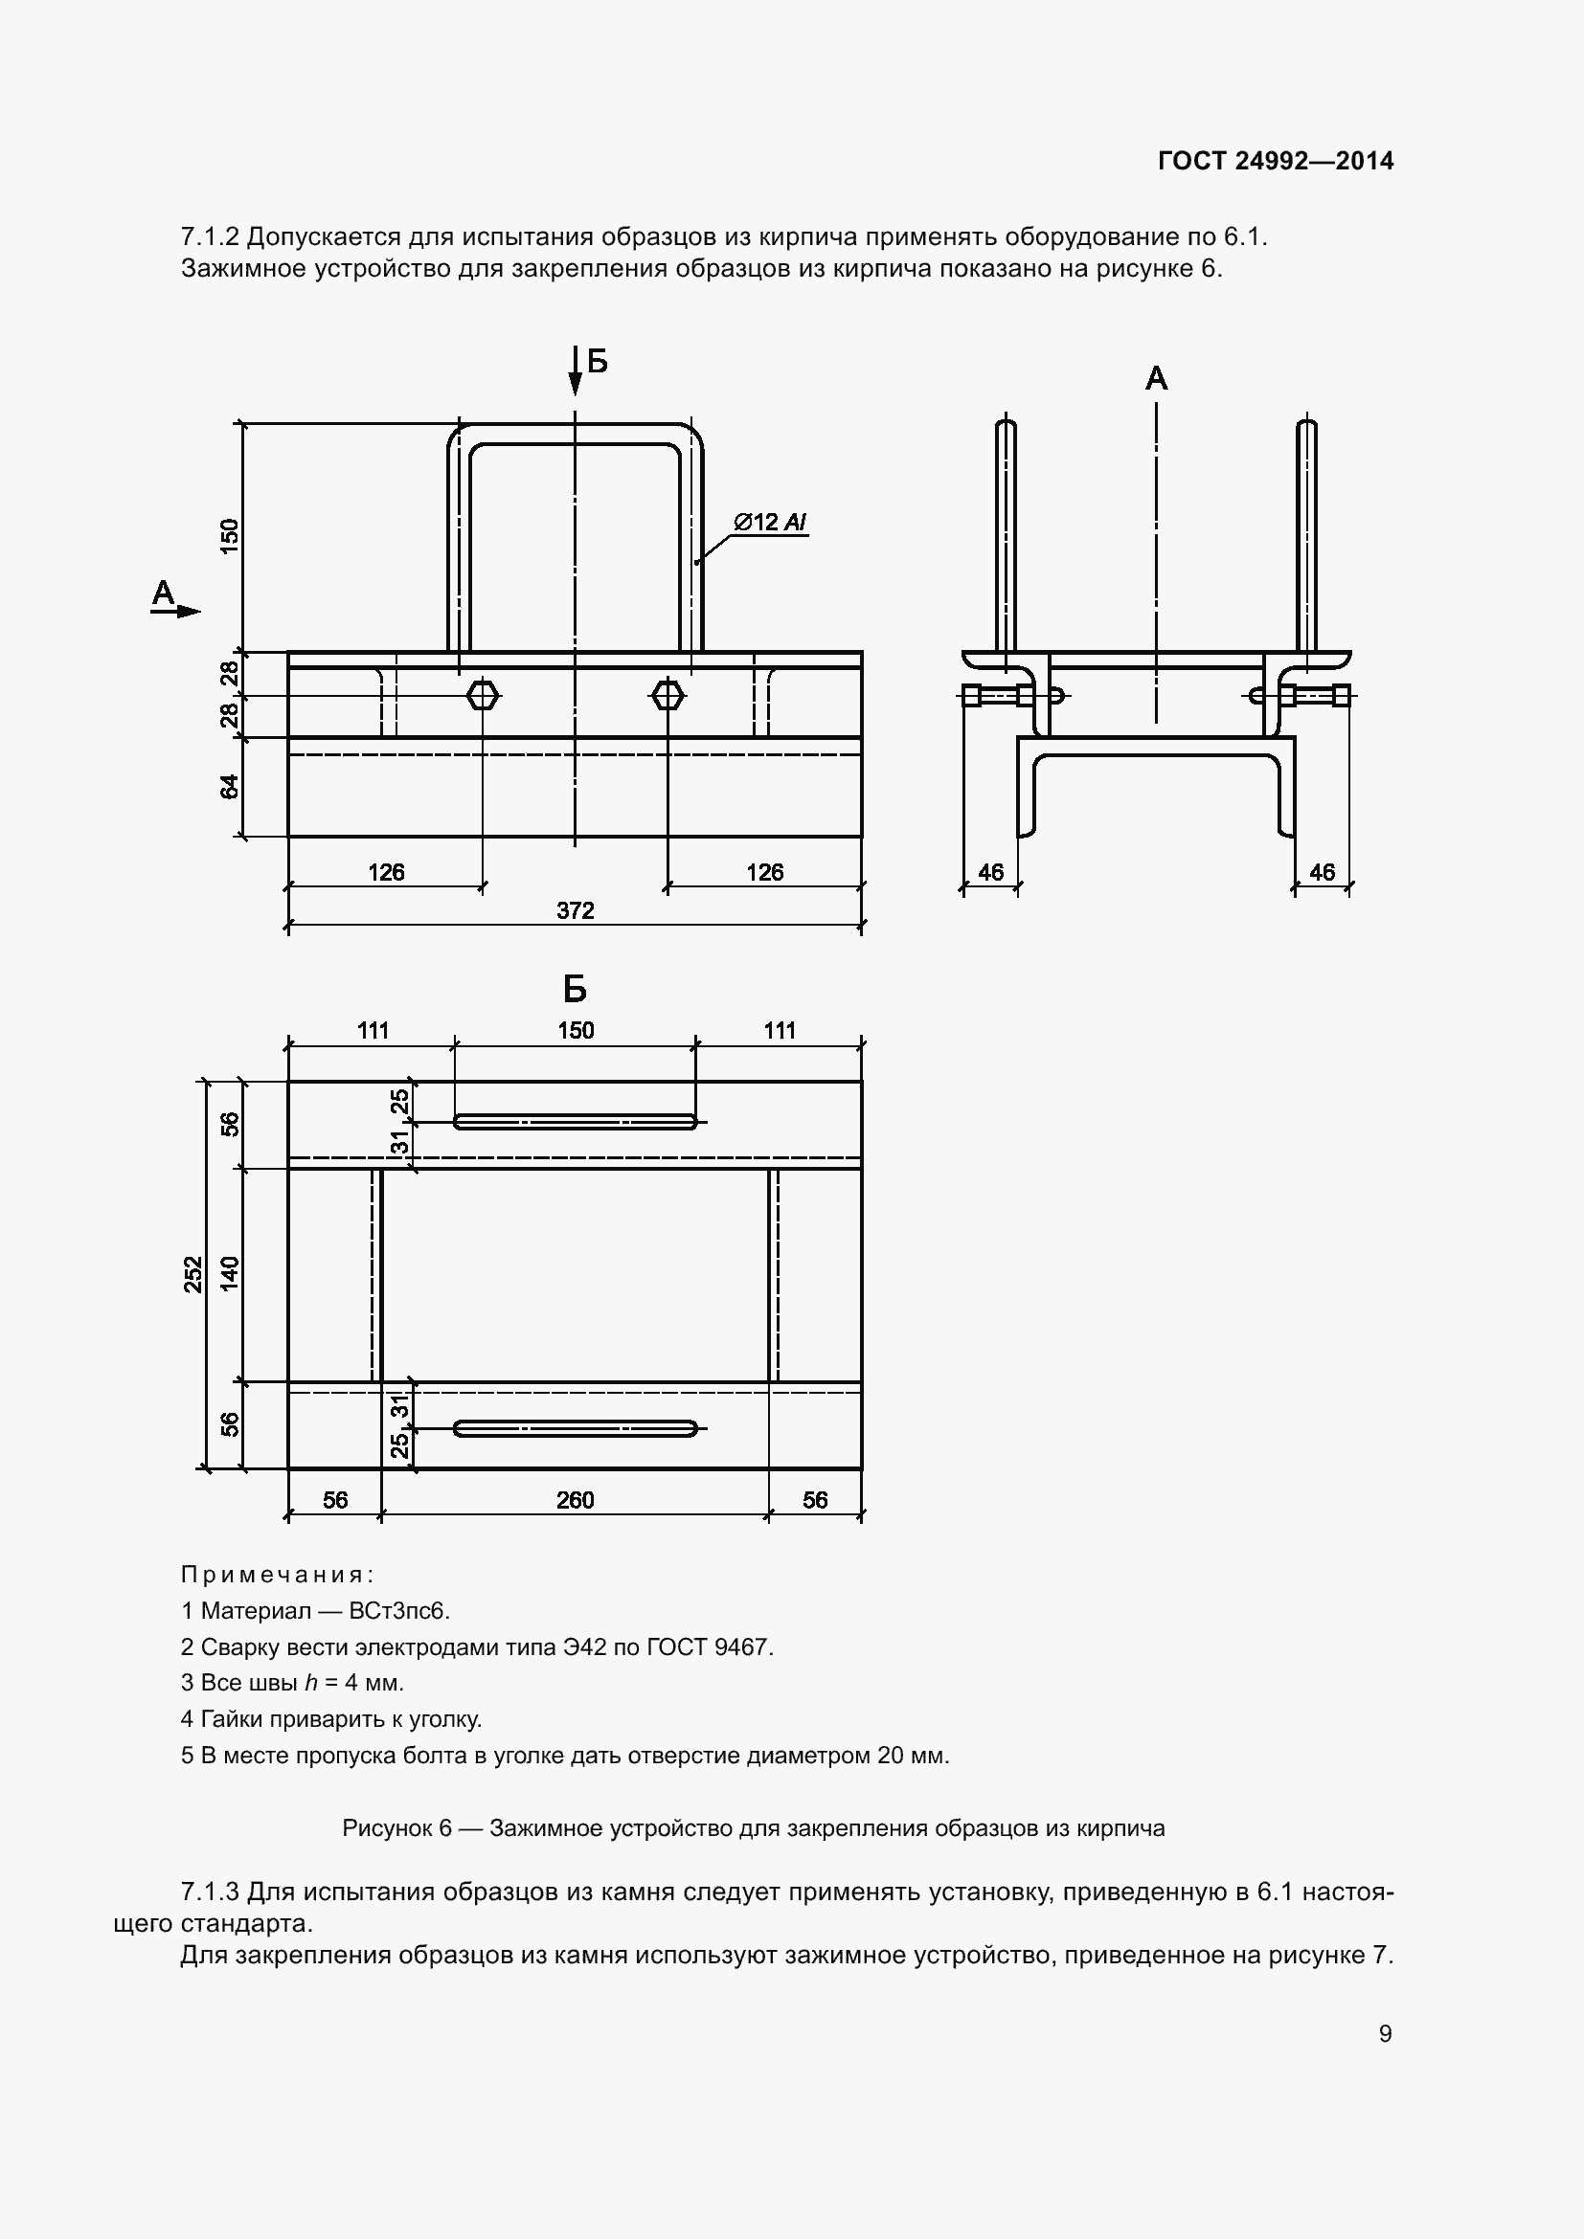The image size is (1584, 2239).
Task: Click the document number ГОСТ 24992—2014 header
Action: click(x=1275, y=161)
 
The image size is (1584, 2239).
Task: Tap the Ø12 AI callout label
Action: click(x=770, y=523)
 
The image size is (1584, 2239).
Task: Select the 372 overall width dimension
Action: click(x=575, y=909)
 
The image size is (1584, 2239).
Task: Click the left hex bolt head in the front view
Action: click(x=483, y=695)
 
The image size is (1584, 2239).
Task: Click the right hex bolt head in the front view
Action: click(x=668, y=695)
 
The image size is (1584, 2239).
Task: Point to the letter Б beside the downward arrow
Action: click(x=598, y=363)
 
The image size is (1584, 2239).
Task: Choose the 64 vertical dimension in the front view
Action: click(x=229, y=786)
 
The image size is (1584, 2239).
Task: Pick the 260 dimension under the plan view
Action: click(x=575, y=1500)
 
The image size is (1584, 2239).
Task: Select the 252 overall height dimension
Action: click(x=194, y=1274)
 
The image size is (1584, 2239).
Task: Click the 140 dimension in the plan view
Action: click(x=229, y=1274)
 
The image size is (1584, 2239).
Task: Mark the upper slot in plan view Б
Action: click(x=575, y=1122)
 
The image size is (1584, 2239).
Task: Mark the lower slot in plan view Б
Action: click(x=575, y=1428)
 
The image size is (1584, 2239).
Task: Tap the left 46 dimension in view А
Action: click(x=990, y=872)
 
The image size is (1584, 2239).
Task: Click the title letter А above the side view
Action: click(x=1156, y=378)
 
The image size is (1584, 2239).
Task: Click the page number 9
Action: click(x=1385, y=2033)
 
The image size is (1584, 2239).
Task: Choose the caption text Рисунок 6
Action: click(x=396, y=1827)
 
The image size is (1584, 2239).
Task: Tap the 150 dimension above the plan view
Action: click(x=575, y=1030)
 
